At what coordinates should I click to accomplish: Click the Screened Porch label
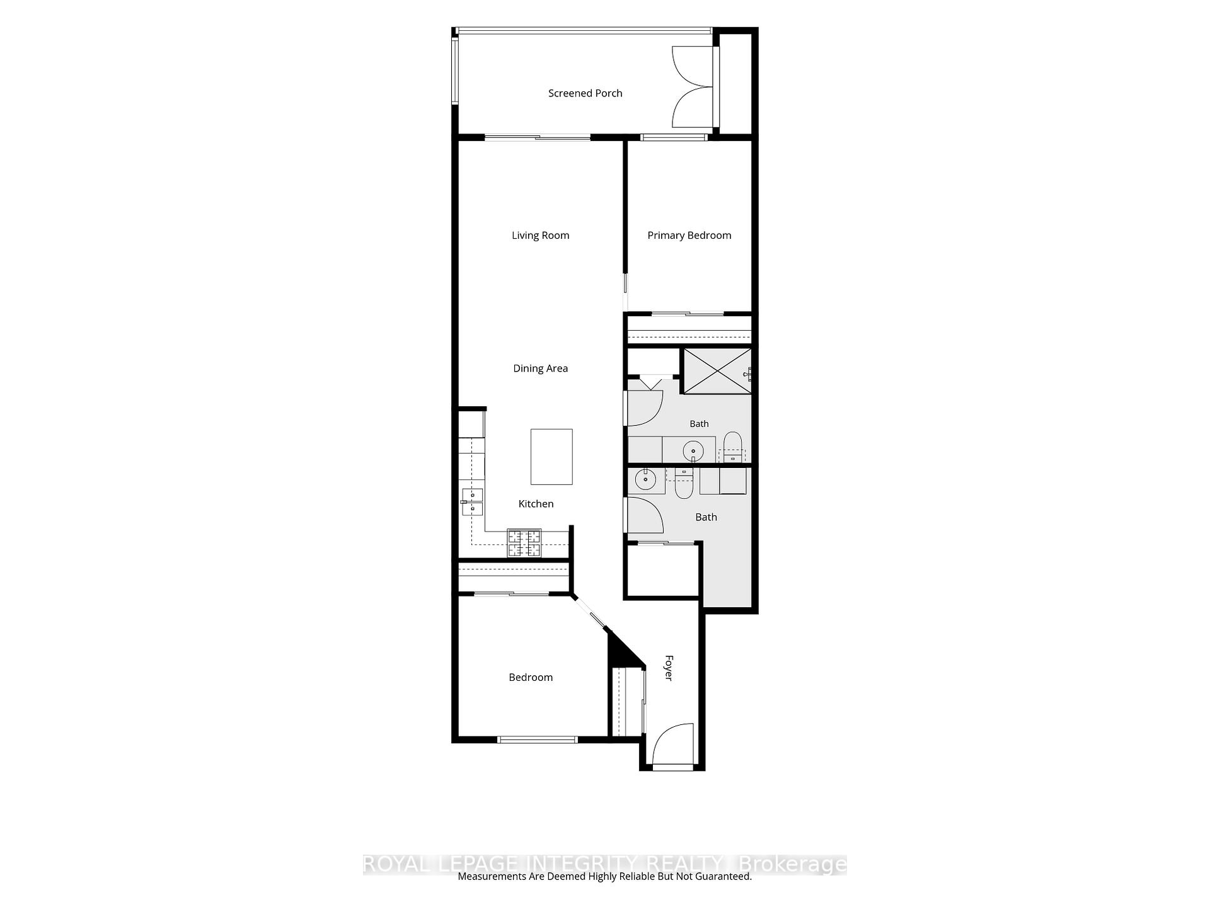click(585, 93)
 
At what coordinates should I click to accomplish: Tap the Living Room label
click(540, 236)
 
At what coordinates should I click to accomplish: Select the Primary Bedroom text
click(689, 236)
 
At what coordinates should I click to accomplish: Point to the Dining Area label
click(540, 368)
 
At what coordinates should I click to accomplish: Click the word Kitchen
click(536, 504)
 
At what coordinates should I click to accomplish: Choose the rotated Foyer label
click(669, 668)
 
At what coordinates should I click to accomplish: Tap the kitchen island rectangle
click(551, 457)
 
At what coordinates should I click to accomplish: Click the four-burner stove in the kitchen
click(524, 543)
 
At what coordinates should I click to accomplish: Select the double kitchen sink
click(472, 502)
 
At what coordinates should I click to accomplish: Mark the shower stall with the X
click(717, 371)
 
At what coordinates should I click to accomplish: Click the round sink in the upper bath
click(693, 451)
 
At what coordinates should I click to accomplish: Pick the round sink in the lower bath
click(646, 479)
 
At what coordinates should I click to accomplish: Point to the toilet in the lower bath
click(684, 484)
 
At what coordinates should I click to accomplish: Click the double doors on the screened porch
click(693, 88)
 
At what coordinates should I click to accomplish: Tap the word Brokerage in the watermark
click(792, 864)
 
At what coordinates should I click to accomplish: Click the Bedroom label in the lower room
click(531, 678)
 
